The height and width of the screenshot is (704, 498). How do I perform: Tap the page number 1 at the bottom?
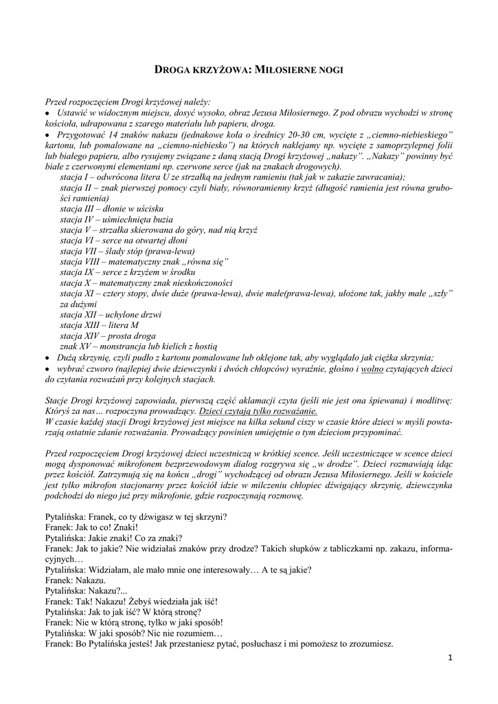tap(451, 658)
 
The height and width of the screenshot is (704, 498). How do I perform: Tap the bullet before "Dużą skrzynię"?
tap(48, 357)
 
